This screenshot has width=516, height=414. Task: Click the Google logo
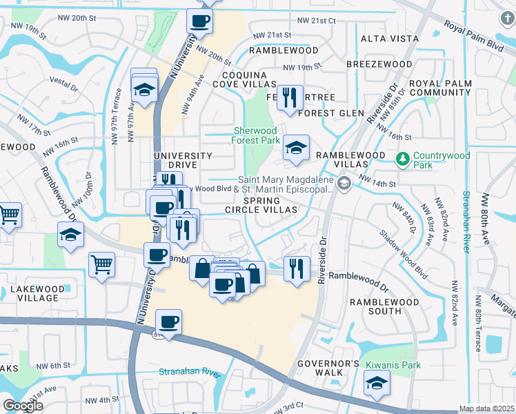pos(23,406)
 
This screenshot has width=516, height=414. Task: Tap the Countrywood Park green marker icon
pos(403,159)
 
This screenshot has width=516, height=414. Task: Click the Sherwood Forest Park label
pos(255,135)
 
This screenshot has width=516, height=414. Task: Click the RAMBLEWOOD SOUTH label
pos(375,306)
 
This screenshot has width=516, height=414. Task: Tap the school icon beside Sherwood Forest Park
pos(296,147)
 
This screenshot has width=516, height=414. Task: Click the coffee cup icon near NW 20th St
pos(200,21)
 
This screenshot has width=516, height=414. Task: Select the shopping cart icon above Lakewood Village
pos(101,263)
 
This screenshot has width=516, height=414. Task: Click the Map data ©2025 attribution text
pos(487,408)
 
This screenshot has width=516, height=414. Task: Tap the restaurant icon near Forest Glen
pos(288,96)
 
